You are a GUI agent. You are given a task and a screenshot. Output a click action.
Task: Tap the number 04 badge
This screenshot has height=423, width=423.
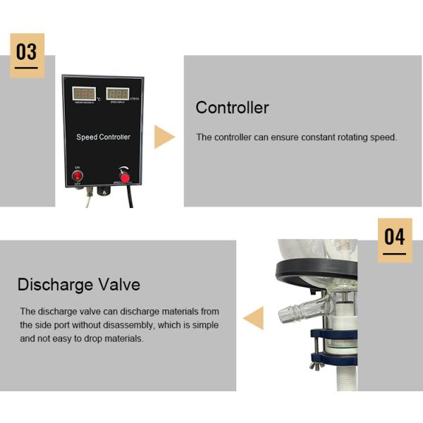395,238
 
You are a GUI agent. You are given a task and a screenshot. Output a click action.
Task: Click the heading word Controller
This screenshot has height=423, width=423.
232,108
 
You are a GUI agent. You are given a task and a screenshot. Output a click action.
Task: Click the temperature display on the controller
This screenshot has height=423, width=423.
85,94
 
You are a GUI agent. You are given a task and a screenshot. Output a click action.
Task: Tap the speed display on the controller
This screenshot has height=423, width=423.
118,94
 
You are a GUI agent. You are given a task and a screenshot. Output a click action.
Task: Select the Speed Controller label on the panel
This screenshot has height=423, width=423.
103,137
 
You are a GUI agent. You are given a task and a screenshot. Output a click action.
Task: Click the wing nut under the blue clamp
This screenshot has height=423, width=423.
319,364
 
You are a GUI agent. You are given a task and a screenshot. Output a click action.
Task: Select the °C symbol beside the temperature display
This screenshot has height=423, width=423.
99,99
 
